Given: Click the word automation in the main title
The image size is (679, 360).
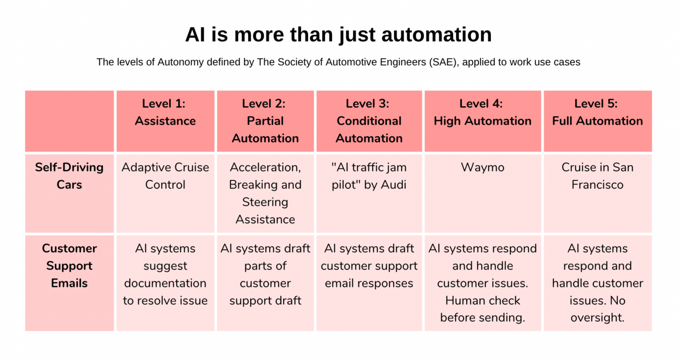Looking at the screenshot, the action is coord(437,35).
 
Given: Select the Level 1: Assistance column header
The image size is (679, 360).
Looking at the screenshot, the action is coord(165,112).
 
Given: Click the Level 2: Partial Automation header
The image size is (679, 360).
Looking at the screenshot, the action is coord(265,121).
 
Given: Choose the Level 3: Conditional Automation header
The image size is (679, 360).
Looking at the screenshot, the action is coord(369,121).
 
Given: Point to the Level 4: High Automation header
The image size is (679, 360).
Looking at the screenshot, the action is coord(482,112).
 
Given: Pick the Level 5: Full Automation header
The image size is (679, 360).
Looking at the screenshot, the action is coord(598,112).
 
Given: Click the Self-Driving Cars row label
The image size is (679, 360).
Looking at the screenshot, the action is coord(69,176).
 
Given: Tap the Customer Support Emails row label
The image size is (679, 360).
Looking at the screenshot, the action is coord(69,266).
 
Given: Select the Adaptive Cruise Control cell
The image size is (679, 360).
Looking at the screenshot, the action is coord(165,176).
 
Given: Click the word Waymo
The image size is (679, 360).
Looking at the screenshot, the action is coord(482,167).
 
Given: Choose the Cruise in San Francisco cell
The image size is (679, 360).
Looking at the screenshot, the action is coord(598,176).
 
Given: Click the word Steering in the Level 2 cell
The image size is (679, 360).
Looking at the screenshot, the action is coord(265,202).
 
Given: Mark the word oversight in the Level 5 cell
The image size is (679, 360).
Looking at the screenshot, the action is coord(598,317).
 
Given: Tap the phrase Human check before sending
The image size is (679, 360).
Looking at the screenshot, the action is coord(482,309).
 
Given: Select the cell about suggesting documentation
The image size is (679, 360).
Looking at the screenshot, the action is coord(165,274).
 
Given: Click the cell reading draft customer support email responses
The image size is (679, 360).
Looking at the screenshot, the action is coord(369,266).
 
